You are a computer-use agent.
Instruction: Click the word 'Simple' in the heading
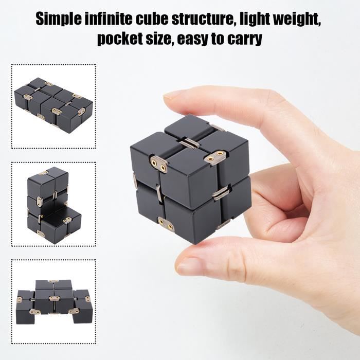click(59, 19)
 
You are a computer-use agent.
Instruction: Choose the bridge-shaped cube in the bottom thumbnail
click(54, 302)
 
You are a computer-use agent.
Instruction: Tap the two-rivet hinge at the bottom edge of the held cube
click(166, 224)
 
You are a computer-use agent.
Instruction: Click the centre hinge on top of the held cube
click(190, 143)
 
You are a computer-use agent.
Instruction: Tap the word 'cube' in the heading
click(151, 19)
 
